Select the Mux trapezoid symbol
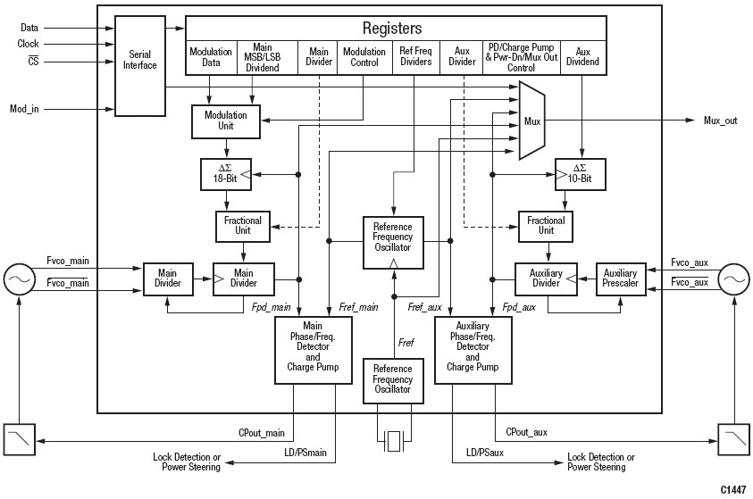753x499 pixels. [x=532, y=120]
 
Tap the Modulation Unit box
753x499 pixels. [x=226, y=121]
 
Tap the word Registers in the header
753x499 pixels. [x=392, y=28]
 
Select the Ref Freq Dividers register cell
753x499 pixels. [x=415, y=56]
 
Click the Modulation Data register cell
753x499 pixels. [x=211, y=56]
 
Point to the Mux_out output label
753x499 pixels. [x=720, y=121]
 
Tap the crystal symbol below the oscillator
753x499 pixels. [x=393, y=438]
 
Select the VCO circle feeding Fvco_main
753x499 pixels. [x=18, y=279]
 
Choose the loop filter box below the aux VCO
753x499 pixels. [x=732, y=437]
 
